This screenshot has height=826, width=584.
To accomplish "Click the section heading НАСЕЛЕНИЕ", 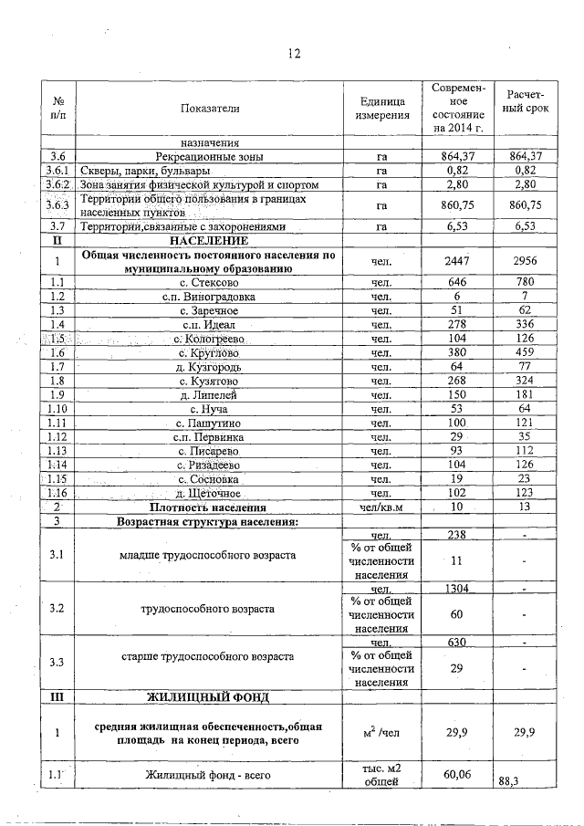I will [x=209, y=240].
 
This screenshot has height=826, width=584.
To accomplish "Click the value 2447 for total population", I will [x=457, y=262].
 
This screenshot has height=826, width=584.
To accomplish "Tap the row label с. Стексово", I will [x=209, y=283].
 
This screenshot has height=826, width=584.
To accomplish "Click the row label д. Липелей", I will [x=209, y=395].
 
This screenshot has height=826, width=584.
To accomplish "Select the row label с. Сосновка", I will [x=209, y=479].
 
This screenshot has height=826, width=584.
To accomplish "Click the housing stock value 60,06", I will [x=457, y=775].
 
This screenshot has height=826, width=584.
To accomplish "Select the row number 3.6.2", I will [x=58, y=185].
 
